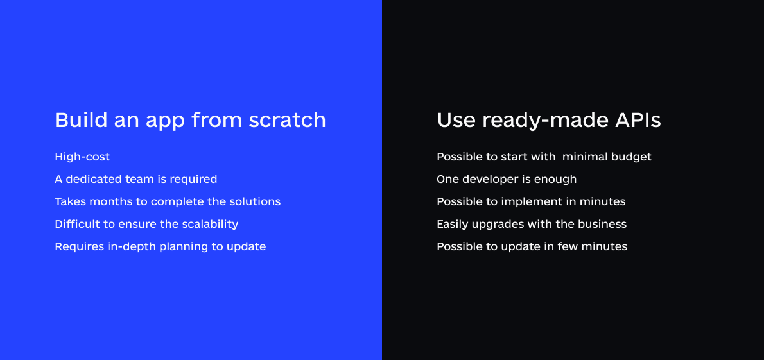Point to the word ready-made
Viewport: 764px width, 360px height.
tap(544, 121)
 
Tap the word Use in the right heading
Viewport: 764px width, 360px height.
tap(456, 120)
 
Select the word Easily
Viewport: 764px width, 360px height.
tap(452, 225)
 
